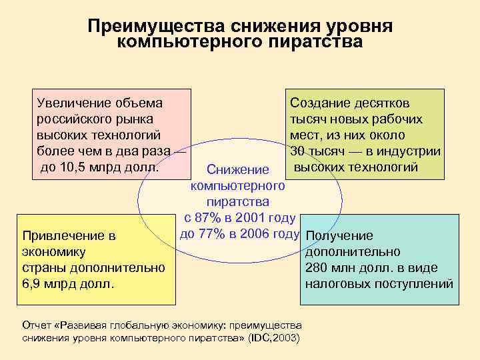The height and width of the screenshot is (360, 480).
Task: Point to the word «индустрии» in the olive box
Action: [413, 151]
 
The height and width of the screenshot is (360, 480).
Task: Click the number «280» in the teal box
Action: [316, 268]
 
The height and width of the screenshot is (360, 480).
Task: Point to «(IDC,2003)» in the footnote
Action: [274, 338]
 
